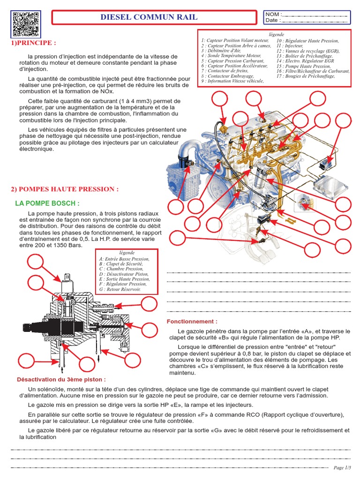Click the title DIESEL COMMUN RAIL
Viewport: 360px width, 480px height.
149,17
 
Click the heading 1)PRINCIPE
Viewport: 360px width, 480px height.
33,43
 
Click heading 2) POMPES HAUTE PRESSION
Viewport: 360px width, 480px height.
65,189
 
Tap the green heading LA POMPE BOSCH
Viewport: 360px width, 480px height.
47,203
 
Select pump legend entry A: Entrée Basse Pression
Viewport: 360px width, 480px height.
124,259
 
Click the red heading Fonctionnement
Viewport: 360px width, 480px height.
192,322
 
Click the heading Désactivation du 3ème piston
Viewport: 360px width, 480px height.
61,379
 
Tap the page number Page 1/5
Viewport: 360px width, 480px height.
341,467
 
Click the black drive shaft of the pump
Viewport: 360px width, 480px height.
42,325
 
